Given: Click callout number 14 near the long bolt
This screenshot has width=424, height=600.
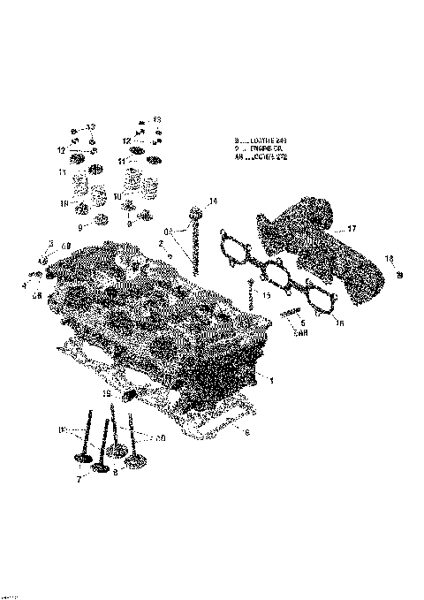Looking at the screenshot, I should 212,201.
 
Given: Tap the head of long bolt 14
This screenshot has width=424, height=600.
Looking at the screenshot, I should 195,212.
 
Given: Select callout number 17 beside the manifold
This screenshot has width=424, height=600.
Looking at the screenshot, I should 352,229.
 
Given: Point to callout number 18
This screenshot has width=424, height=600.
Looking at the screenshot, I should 390,258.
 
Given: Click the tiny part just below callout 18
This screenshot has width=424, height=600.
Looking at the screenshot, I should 398,276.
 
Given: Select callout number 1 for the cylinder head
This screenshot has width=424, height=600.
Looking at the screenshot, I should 272,380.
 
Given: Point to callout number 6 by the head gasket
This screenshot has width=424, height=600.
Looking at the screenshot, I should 247,432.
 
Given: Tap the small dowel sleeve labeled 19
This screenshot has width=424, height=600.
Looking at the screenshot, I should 124,396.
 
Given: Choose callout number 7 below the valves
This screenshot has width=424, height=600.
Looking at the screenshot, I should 79,478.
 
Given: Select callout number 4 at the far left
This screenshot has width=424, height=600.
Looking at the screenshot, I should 24,284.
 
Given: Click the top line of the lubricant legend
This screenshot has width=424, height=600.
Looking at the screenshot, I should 261,141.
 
